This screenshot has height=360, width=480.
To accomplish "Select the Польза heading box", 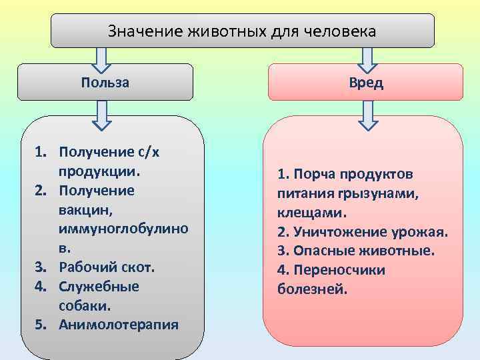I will tap(105, 82).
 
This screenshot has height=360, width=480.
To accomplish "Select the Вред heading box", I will tap(365, 82).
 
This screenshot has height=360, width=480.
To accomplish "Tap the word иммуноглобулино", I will tap(123, 228).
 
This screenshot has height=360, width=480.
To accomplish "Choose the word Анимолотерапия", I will tap(119, 325).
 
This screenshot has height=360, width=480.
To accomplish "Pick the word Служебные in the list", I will tap(99, 286).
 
